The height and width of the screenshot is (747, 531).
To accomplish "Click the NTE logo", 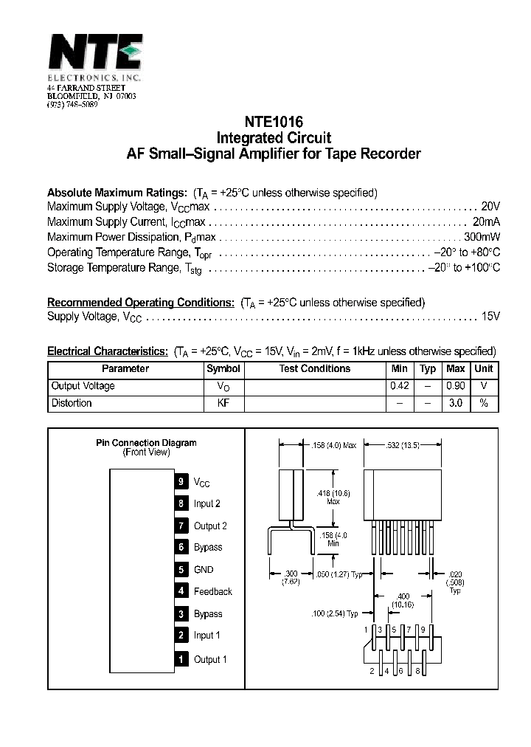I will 95,54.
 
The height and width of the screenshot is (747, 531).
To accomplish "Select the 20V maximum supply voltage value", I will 490,207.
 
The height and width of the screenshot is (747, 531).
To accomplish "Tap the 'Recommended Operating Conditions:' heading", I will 141,303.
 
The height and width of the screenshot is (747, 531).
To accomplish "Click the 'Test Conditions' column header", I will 315,368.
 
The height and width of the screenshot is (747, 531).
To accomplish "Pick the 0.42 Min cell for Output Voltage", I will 399,386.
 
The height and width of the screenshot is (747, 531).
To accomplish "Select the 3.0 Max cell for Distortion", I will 456,403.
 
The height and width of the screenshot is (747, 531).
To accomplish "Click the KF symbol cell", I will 223,403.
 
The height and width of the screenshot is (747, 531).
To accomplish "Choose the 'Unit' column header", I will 484,368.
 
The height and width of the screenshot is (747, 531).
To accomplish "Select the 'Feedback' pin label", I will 212,591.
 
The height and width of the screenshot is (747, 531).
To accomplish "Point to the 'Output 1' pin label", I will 210,659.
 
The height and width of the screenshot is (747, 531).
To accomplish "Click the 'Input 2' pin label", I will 207,503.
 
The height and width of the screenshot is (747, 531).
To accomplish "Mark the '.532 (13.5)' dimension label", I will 403,444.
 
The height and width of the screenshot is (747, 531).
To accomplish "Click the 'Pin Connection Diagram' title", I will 146,443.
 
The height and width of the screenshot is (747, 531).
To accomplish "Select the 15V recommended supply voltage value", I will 490,316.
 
